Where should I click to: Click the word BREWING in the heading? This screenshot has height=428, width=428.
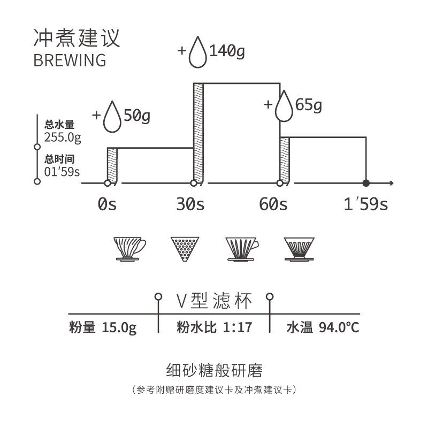[x=70, y=60]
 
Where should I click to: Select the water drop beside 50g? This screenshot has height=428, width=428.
[x=112, y=117]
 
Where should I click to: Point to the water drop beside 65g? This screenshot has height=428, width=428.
[x=284, y=106]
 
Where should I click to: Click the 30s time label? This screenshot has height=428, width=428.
[x=190, y=204]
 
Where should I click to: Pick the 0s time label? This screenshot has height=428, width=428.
[x=108, y=204]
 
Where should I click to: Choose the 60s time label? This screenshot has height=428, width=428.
[x=273, y=204]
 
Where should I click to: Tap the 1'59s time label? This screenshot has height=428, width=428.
[x=366, y=204]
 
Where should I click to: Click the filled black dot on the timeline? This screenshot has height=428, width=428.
[x=366, y=183]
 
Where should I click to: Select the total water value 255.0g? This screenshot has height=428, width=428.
[x=63, y=137]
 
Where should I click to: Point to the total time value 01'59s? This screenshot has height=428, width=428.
[x=63, y=172]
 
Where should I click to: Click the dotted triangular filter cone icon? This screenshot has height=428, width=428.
[x=185, y=248]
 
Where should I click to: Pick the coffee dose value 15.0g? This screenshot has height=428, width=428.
[x=119, y=327]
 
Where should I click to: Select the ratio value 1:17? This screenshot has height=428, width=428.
[x=236, y=327]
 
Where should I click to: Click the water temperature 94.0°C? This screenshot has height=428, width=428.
[x=339, y=327]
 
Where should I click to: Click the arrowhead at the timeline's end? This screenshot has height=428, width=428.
[x=392, y=183]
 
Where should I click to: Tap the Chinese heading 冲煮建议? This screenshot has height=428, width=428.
[x=77, y=37]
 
